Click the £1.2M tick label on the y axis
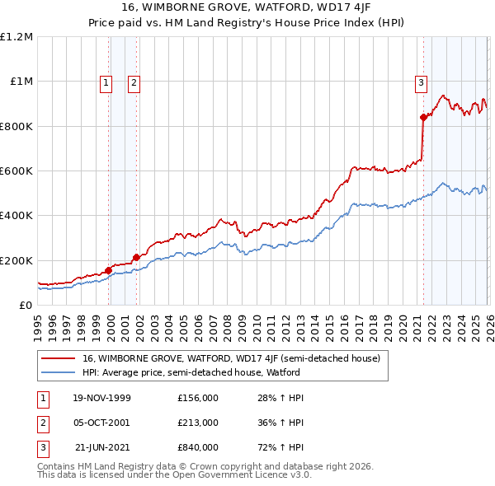coord(16,37)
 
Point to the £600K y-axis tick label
coord(16,171)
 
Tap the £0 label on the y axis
coord(25,305)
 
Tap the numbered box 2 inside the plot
coord(134,82)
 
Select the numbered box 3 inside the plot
coord(421,82)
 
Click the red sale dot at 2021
coord(423,117)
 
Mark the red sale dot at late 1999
coord(108,270)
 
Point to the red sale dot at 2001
coord(135,258)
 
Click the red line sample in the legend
coord(59,358)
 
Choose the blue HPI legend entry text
coord(191,372)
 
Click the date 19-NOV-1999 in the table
coord(101,398)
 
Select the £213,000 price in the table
coord(198,423)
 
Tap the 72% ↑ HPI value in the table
coord(280,447)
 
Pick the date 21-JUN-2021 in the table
coord(102,447)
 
